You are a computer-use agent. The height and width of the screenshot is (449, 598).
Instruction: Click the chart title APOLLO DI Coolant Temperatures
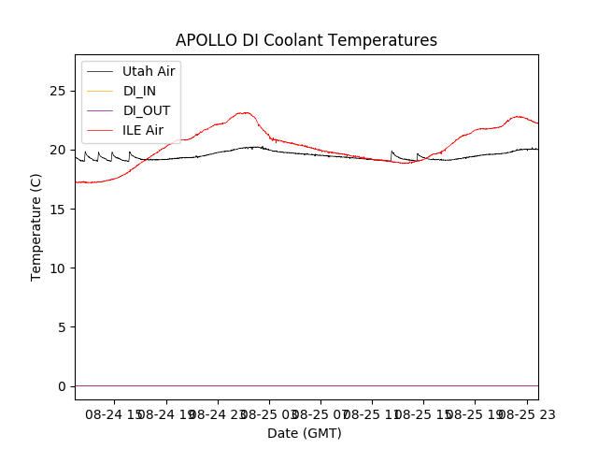coord(306,40)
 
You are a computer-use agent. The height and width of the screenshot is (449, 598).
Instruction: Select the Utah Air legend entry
coord(149,71)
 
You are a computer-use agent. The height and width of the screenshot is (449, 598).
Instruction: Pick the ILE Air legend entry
coord(143,130)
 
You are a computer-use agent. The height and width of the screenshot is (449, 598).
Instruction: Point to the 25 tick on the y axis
coord(61,91)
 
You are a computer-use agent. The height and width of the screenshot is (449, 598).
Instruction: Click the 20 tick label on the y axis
coord(61,150)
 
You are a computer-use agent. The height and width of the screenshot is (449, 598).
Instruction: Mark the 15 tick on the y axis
coord(61,209)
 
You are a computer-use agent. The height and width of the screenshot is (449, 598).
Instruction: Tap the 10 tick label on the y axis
coord(61,268)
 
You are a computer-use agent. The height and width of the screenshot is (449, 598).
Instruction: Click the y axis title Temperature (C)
coord(36,226)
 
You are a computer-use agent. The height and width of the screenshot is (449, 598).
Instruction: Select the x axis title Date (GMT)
coord(305,433)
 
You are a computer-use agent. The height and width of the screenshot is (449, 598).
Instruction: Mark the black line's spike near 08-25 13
coord(392,152)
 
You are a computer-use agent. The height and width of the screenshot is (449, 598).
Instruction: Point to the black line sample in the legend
coord(99,71)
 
